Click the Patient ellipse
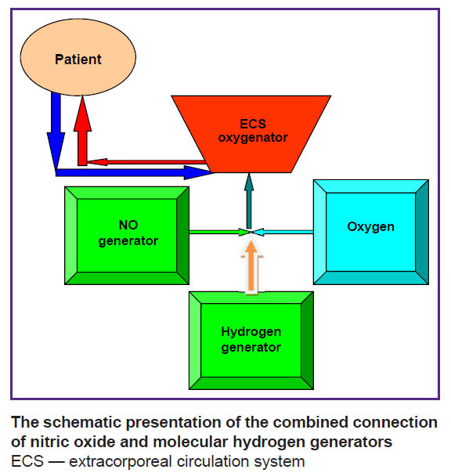click(78, 57)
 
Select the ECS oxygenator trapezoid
click(251, 134)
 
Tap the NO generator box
click(127, 236)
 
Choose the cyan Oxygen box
click(371, 232)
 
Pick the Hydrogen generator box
click(251, 341)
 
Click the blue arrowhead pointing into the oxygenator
click(197, 172)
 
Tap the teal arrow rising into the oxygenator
click(249, 200)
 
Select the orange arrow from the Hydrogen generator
click(251, 266)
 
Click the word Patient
click(78, 60)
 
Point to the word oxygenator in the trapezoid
click(253, 138)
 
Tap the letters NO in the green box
click(128, 225)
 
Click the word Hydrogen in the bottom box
click(251, 332)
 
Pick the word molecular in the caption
click(190, 442)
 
